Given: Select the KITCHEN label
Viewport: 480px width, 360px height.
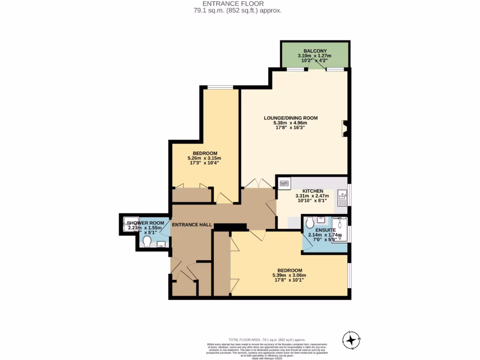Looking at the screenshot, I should click(313, 191).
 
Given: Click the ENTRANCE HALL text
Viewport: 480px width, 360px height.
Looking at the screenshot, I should click(192, 225).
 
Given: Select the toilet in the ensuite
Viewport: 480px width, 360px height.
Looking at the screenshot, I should click(310, 224).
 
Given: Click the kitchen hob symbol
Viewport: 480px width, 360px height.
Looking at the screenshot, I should click(284, 182).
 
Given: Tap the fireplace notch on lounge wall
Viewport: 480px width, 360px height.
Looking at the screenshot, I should click(345, 128).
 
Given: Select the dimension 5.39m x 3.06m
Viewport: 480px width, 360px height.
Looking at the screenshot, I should click(289, 275).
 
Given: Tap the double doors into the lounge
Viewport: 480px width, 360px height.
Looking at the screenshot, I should click(258, 184).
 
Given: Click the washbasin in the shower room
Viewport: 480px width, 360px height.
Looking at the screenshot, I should click(161, 244).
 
